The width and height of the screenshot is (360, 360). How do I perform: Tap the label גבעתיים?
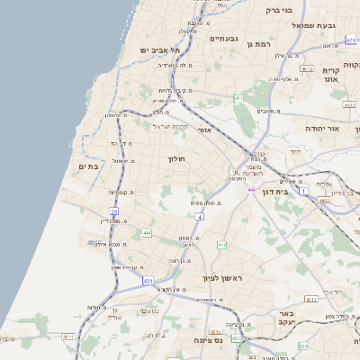pos(223,39)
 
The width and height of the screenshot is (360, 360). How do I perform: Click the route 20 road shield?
pos(114,211)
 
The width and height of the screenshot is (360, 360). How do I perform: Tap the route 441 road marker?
pos(146,232)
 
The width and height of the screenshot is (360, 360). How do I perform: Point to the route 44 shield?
pos(251,190)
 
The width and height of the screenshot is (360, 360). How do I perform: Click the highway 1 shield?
pos(303,191)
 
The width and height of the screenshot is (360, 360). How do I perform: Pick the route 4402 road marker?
pos(323,200)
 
